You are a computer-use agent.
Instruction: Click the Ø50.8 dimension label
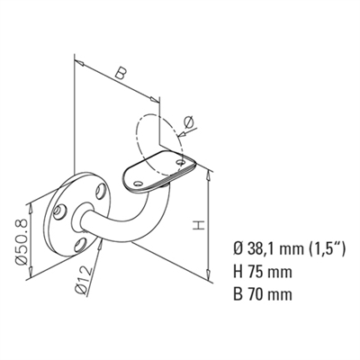click(x=22, y=242)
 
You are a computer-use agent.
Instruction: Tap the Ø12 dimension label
click(x=84, y=280)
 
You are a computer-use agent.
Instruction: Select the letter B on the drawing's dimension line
click(x=121, y=74)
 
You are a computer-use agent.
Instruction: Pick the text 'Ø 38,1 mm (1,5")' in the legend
click(x=290, y=248)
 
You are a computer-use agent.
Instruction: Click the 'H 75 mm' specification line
click(x=263, y=272)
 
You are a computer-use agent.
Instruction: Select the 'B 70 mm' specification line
click(x=263, y=294)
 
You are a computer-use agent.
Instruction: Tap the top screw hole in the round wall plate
click(x=100, y=192)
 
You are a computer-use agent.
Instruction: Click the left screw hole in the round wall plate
click(x=60, y=211)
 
